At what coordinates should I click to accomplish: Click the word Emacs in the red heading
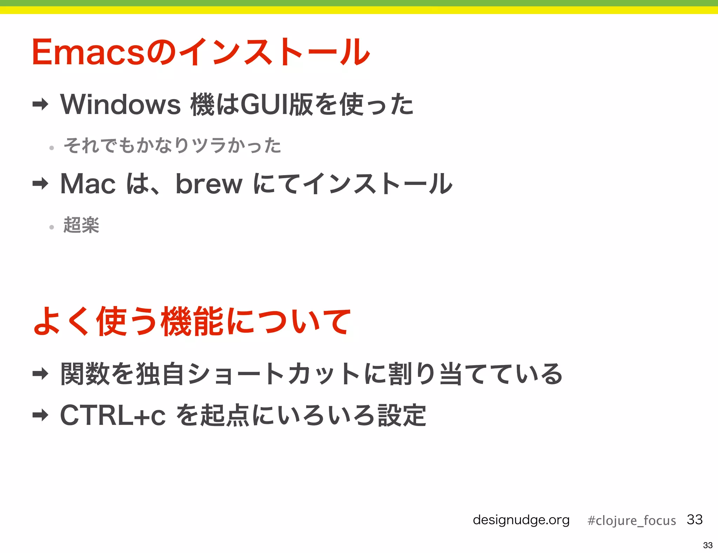pos(88,53)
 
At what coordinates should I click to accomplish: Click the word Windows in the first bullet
pos(120,105)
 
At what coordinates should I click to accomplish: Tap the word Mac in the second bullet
pos(88,184)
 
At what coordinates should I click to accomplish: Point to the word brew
pos(209,184)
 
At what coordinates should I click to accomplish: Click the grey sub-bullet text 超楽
pos(81,225)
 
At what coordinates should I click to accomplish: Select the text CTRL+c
pos(113,415)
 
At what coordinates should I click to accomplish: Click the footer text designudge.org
pos(521,520)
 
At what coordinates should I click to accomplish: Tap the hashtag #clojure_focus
pos(631,520)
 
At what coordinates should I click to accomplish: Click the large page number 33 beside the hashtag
pos(695,519)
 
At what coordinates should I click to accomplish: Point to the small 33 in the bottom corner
pos(707,545)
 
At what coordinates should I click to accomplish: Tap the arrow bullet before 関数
pos(40,374)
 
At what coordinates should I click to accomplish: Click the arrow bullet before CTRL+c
pos(40,415)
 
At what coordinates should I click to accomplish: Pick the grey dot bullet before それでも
pos(52,148)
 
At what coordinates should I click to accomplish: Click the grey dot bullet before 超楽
pos(52,227)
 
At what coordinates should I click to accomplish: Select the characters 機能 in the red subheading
pos(192,321)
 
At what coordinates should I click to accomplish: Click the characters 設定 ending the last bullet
pos(402,415)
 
